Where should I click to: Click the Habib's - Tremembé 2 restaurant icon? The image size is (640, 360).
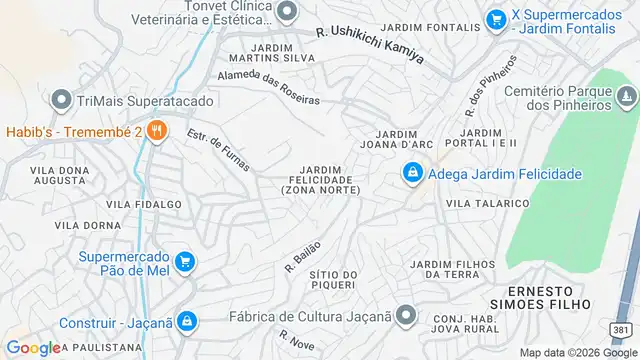156,130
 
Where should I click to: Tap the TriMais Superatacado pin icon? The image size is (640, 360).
61,100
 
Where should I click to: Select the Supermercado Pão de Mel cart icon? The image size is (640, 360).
184,262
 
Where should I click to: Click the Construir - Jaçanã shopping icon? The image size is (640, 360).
188,322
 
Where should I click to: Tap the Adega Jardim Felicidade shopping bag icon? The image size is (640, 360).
411,174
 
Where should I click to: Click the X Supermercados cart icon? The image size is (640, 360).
495,18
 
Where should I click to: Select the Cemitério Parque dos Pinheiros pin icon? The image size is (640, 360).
626,96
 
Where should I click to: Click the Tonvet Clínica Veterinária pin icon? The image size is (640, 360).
288,12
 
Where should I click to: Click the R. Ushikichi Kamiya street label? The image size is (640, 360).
370,46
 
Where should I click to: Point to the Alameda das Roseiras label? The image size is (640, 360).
268,88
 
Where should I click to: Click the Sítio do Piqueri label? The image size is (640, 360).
333,280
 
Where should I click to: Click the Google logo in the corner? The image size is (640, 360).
33,348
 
